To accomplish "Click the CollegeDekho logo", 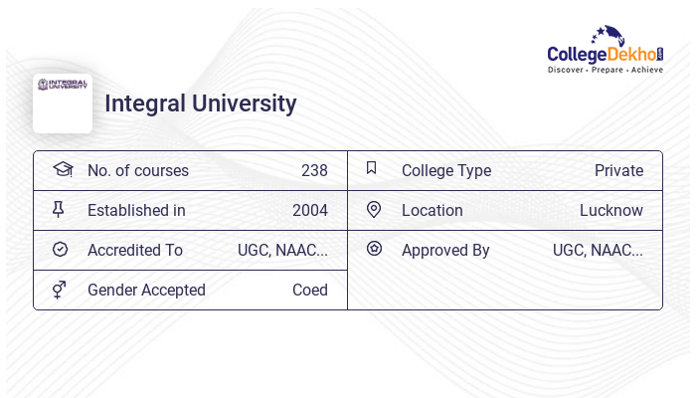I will (606, 50).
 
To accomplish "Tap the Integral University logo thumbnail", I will (63, 102).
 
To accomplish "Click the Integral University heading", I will (201, 103).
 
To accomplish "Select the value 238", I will (314, 170).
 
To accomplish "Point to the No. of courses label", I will (138, 170).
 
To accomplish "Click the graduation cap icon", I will (63, 169).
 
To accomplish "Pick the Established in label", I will (136, 210).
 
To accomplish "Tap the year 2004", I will (310, 210).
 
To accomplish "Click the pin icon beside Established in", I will (59, 209).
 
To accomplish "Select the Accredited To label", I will (135, 250).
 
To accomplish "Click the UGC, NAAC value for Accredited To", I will (282, 250).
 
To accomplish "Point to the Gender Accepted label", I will (146, 290).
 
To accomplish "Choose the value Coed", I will (310, 290).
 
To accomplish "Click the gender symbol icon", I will (60, 289).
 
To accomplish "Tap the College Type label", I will (446, 170).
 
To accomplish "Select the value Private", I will (618, 170).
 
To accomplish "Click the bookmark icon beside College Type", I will (372, 168).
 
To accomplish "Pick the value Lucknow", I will (611, 210).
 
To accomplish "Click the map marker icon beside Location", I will (374, 209).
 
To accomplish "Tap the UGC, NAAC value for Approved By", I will (598, 250).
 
